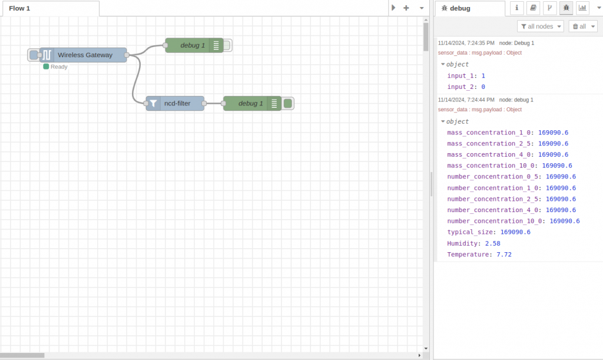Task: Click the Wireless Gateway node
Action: click(x=84, y=55)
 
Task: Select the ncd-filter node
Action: click(x=176, y=103)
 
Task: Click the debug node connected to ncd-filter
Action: click(x=250, y=103)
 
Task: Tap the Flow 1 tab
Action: click(x=20, y=8)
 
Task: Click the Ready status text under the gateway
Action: click(x=59, y=67)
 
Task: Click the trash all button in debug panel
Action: click(x=583, y=27)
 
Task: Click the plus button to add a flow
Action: click(x=406, y=8)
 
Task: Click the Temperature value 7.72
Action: click(x=504, y=255)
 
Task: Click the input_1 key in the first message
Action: click(x=460, y=76)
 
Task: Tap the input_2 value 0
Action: click(x=483, y=87)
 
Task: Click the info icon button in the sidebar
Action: click(x=516, y=8)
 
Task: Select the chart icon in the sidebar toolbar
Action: click(x=582, y=8)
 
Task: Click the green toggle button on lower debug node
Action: click(x=287, y=103)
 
